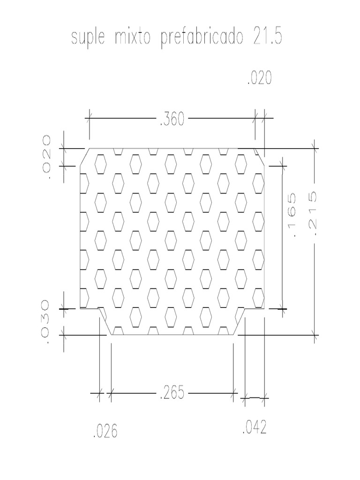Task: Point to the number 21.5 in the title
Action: coord(267,38)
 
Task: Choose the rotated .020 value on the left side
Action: coord(46,155)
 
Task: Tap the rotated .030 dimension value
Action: coord(46,323)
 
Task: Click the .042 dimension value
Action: coord(255,428)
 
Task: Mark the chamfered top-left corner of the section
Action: coord(84,157)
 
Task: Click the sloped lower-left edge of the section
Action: coord(105,322)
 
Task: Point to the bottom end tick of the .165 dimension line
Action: coord(283,309)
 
